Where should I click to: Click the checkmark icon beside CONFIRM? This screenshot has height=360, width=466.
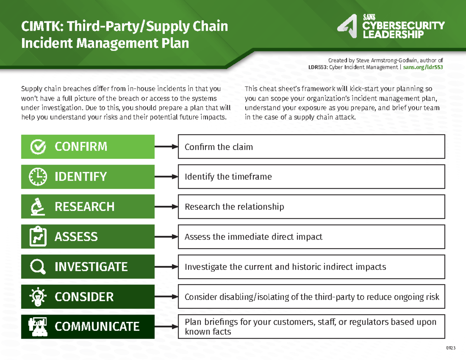click(x=38, y=147)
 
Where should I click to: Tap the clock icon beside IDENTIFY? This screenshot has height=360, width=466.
click(x=38, y=177)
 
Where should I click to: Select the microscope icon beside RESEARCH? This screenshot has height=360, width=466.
click(x=38, y=207)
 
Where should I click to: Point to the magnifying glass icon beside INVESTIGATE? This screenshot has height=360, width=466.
click(x=38, y=267)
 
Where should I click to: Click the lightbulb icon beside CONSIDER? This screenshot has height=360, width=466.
click(x=38, y=297)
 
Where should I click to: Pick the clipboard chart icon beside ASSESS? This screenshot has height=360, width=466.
click(x=38, y=237)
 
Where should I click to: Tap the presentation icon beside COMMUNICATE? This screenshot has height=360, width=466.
click(x=38, y=327)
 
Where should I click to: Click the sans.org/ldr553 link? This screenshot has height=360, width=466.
click(x=423, y=68)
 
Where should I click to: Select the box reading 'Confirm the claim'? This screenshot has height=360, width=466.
click(x=311, y=147)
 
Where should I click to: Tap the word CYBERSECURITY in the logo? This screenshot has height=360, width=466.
click(x=403, y=26)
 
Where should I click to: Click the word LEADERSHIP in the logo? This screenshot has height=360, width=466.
click(x=393, y=35)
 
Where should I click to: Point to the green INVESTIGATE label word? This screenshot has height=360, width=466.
click(x=91, y=267)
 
